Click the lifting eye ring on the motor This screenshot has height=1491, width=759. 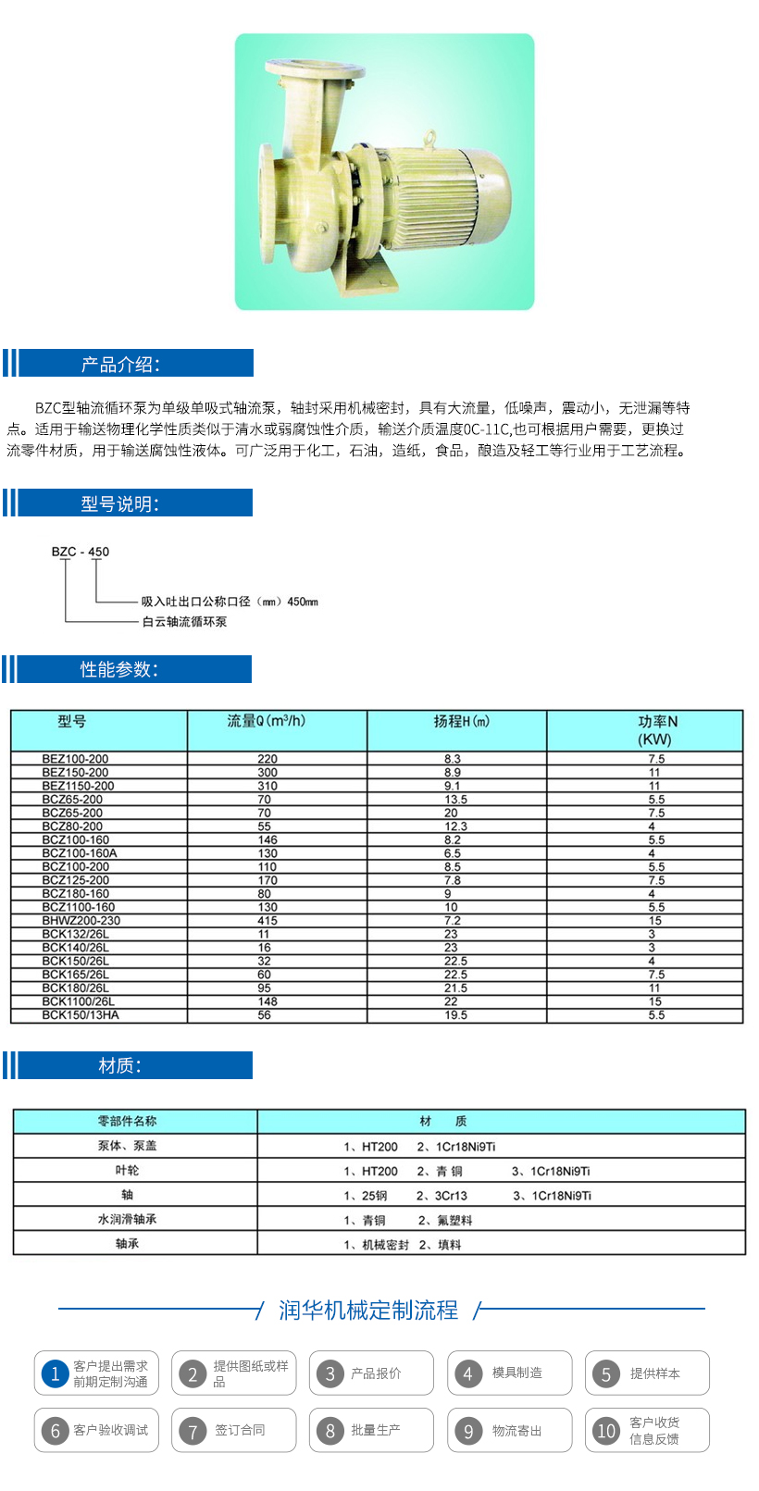[429, 138]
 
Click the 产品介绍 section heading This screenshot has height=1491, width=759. [120, 365]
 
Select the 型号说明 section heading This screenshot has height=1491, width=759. [120, 504]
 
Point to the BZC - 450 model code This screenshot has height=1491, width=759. [81, 552]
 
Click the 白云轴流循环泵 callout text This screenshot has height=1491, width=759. [184, 622]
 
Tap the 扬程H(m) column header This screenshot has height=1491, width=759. [461, 721]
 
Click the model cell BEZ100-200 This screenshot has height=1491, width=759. [75, 759]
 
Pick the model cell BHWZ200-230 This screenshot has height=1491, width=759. [81, 921]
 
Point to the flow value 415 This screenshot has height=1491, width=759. [268, 921]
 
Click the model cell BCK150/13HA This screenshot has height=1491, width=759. [81, 1015]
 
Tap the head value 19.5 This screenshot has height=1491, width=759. [455, 1015]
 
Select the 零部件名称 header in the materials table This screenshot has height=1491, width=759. [128, 1122]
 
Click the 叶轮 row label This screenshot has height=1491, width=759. [128, 1171]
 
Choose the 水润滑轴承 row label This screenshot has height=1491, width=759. [128, 1220]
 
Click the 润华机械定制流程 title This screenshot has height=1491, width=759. [368, 1311]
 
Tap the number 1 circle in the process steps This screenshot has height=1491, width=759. [55, 1374]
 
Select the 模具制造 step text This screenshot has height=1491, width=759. [517, 1373]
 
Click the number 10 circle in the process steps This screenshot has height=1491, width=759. [606, 1431]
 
